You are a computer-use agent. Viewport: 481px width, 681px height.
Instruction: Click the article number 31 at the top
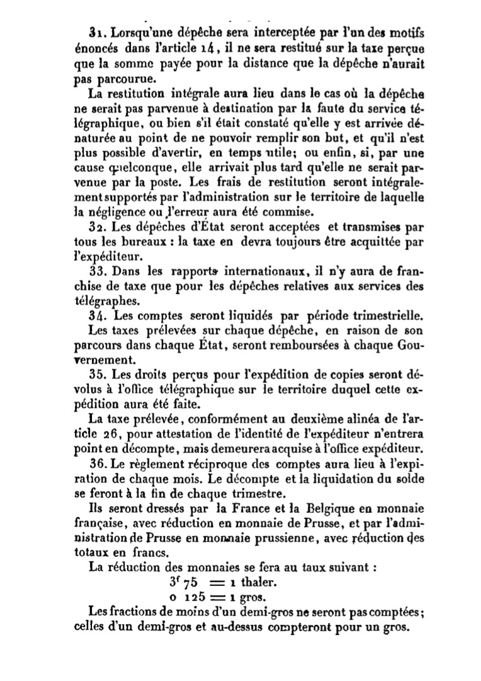tap(97, 31)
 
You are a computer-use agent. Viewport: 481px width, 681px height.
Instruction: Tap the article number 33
tap(97, 273)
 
